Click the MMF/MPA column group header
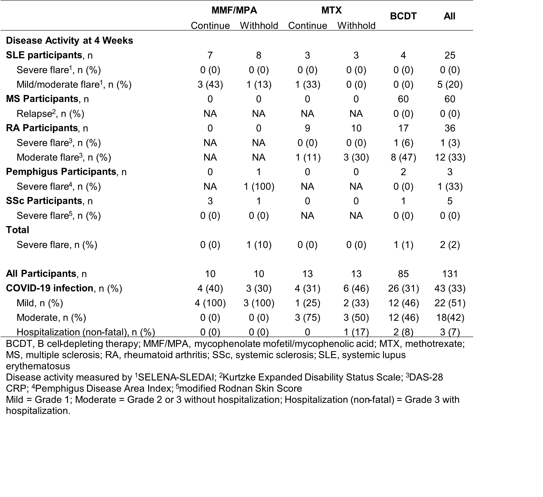[x=234, y=10]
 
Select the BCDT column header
[x=403, y=16]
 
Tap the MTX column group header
[x=331, y=10]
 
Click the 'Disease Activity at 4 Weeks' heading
[x=69, y=40]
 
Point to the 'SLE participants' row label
[x=44, y=55]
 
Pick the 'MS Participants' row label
[x=42, y=99]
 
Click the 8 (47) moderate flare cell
[x=403, y=157]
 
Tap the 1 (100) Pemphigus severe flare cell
[x=259, y=186]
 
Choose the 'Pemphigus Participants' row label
[x=61, y=172]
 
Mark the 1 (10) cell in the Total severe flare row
[x=259, y=245]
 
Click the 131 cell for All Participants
[x=450, y=274]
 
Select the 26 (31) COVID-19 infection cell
[x=403, y=288]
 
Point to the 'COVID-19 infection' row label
[x=50, y=288]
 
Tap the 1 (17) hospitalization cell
[x=356, y=332]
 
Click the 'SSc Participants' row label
[x=44, y=201]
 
